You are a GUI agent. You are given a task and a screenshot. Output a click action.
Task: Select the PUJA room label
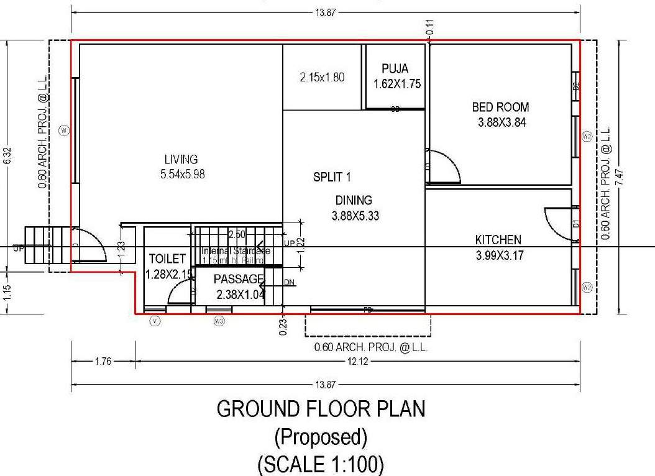coord(395,69)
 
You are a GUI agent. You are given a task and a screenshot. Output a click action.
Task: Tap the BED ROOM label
coord(501,108)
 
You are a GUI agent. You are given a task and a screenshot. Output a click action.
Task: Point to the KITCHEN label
coord(498,240)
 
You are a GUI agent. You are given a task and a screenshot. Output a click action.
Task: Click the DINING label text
coord(354,201)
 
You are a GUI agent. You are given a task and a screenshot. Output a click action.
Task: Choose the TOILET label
coord(167,259)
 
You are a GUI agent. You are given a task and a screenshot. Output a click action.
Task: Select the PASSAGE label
coord(239,280)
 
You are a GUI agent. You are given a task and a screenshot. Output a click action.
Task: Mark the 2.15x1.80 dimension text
coord(322,78)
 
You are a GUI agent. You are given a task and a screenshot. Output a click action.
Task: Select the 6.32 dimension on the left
coord(7,155)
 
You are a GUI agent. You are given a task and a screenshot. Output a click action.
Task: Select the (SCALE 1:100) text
coord(321,462)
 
